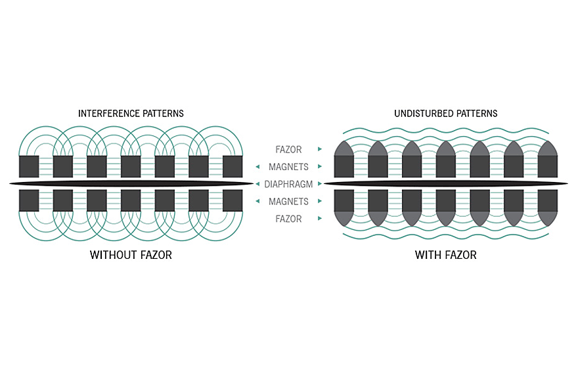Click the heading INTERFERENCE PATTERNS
[x=131, y=114]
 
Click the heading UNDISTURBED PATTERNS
[x=445, y=114]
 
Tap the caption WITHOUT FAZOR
[x=131, y=254]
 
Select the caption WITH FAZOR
[x=445, y=254]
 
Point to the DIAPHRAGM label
[x=288, y=184]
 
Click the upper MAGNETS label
[x=288, y=167]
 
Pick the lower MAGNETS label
[x=288, y=201]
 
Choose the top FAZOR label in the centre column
[x=288, y=150]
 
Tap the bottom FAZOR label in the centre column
[x=288, y=219]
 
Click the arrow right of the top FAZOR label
[x=320, y=150]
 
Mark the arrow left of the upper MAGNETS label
[x=257, y=167]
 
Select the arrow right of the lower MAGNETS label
[x=320, y=201]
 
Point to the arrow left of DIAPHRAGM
[x=257, y=184]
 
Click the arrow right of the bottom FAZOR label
[x=320, y=219]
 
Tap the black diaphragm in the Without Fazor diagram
[x=131, y=183]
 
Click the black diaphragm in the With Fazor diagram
[x=445, y=183]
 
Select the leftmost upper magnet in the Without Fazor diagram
[x=29, y=166]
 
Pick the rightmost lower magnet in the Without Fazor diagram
[x=233, y=200]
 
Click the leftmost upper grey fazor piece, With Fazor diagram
[x=344, y=148]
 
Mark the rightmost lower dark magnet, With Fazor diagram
[x=548, y=200]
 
